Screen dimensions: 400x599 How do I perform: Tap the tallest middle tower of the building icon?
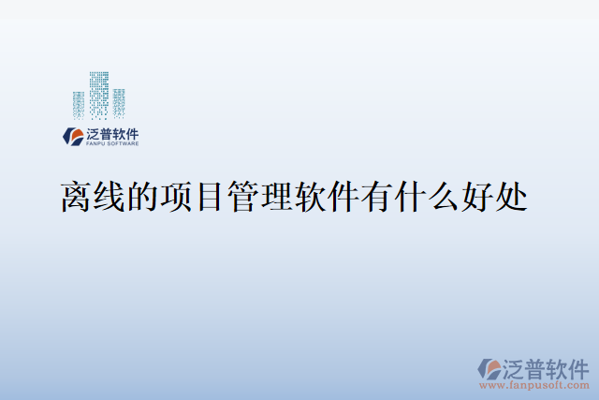pos(99,95)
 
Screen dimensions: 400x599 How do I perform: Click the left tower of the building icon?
pos(79,104)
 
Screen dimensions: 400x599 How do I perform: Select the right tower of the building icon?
pos(119,103)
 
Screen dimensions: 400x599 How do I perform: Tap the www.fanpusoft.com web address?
pos(536,384)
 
